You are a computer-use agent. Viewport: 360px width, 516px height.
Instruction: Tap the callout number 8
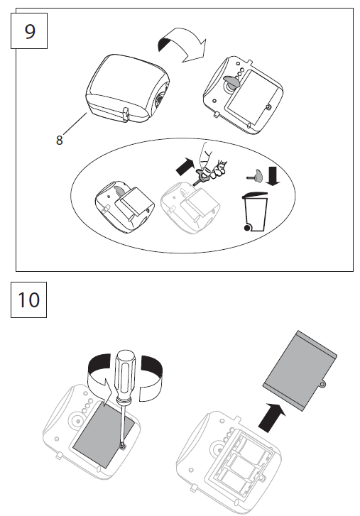(x=60, y=140)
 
